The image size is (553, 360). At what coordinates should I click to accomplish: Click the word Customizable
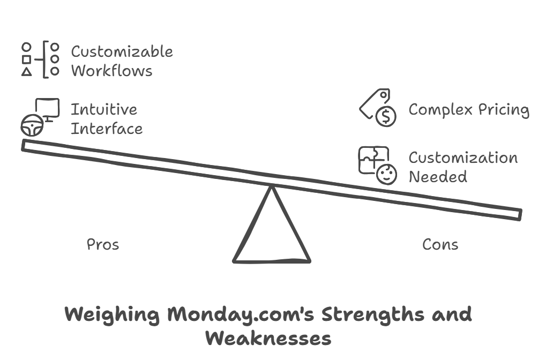pyautogui.click(x=122, y=52)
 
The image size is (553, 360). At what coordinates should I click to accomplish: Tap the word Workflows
pyautogui.click(x=111, y=71)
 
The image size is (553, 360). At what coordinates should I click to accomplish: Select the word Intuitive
pyautogui.click(x=104, y=109)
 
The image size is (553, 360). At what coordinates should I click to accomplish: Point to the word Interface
pyautogui.click(x=107, y=129)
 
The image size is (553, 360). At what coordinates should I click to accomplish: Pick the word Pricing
pyautogui.click(x=504, y=110)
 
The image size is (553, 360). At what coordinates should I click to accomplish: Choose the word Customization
pyautogui.click(x=463, y=157)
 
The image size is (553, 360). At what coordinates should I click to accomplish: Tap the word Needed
pyautogui.click(x=437, y=176)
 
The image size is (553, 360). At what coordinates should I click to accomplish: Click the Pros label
pyautogui.click(x=103, y=244)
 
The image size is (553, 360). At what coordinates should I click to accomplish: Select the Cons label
pyautogui.click(x=440, y=244)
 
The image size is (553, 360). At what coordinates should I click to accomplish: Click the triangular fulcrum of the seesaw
pyautogui.click(x=272, y=236)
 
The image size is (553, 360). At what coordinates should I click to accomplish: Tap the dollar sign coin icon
pyautogui.click(x=385, y=116)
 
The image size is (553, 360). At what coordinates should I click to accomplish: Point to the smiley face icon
pyautogui.click(x=386, y=174)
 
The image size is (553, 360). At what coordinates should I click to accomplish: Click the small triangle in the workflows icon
pyautogui.click(x=26, y=72)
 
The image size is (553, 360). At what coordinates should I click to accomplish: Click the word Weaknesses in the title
pyautogui.click(x=268, y=339)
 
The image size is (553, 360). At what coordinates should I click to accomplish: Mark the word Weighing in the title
pyautogui.click(x=111, y=314)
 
